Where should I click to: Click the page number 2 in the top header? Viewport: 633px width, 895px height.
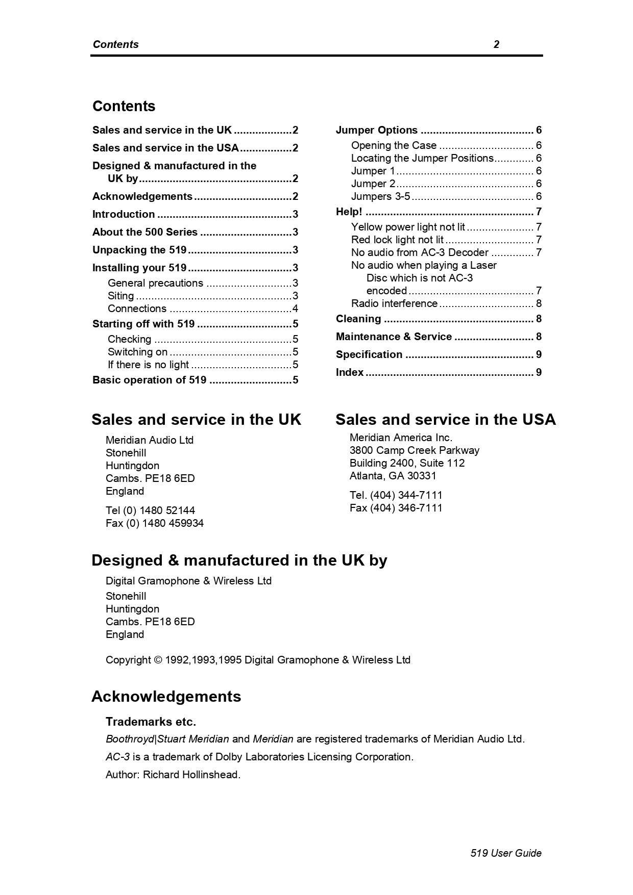tap(496, 44)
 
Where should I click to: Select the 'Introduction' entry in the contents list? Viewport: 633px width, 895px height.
tap(124, 214)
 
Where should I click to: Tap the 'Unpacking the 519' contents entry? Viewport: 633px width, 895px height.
tap(139, 250)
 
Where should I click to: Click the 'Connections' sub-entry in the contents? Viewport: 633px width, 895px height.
tap(137, 309)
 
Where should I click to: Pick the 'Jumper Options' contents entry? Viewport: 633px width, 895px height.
tap(377, 130)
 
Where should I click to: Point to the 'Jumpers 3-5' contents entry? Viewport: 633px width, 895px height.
tap(380, 196)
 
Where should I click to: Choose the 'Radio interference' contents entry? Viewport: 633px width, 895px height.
tap(394, 303)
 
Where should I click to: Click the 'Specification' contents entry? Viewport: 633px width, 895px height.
tap(369, 354)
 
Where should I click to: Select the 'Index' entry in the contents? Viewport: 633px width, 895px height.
tap(350, 372)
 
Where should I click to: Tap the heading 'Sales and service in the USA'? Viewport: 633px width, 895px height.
tap(445, 419)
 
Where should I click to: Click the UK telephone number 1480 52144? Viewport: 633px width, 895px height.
tap(167, 510)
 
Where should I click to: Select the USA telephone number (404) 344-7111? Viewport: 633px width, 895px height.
tap(406, 495)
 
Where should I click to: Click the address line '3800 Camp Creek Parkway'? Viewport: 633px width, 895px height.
tap(415, 450)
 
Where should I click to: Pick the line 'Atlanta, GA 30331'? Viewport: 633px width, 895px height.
tap(393, 476)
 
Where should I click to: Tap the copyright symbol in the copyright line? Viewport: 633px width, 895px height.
tap(157, 660)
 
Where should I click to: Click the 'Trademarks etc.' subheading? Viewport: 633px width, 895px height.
tap(151, 722)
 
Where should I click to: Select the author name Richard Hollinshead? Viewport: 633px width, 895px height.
tap(191, 775)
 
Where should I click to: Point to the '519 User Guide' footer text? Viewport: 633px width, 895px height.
tap(506, 853)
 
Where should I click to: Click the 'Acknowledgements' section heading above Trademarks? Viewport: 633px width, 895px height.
tap(166, 697)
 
